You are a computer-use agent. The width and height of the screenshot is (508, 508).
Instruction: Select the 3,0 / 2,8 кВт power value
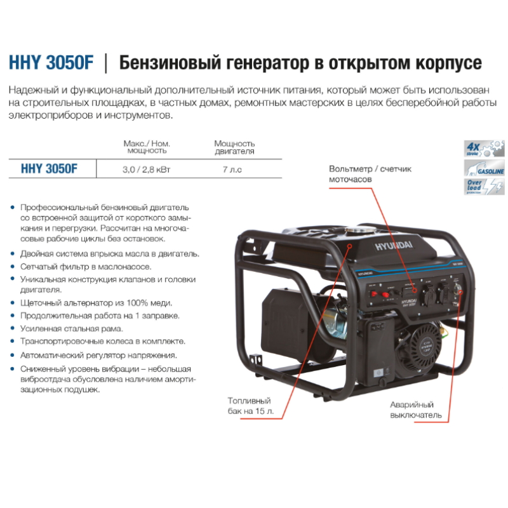(x=147, y=170)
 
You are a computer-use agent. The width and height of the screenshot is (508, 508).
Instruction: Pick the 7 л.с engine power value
(x=234, y=170)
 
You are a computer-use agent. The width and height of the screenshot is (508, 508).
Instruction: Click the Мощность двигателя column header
(x=234, y=147)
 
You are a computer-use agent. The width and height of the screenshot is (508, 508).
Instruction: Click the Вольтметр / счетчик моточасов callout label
(x=370, y=174)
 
